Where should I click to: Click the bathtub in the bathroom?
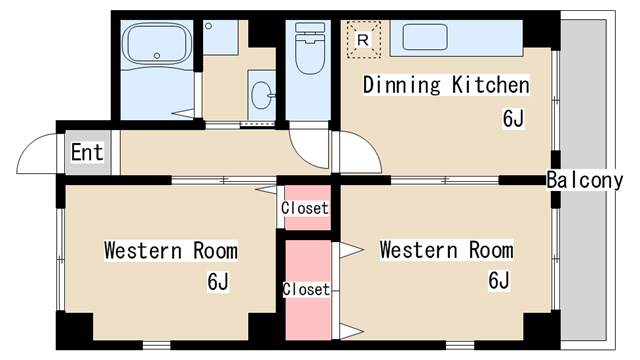[157, 43]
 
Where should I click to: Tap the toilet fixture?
[310, 48]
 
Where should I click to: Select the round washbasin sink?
[261, 95]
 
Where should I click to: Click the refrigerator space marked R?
[363, 40]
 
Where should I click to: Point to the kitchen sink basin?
[425, 37]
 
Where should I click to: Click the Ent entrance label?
[87, 152]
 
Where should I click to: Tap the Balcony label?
[584, 180]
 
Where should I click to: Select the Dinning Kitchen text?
[446, 85]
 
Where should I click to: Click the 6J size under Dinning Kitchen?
[513, 119]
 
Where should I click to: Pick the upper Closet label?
[305, 208]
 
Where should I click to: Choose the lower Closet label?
[306, 289]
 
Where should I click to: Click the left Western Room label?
[171, 251]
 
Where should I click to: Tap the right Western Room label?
[447, 250]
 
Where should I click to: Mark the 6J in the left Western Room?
[218, 281]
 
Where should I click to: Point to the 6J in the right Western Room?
[499, 280]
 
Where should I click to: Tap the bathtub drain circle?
[157, 56]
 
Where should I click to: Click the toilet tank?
[310, 27]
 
